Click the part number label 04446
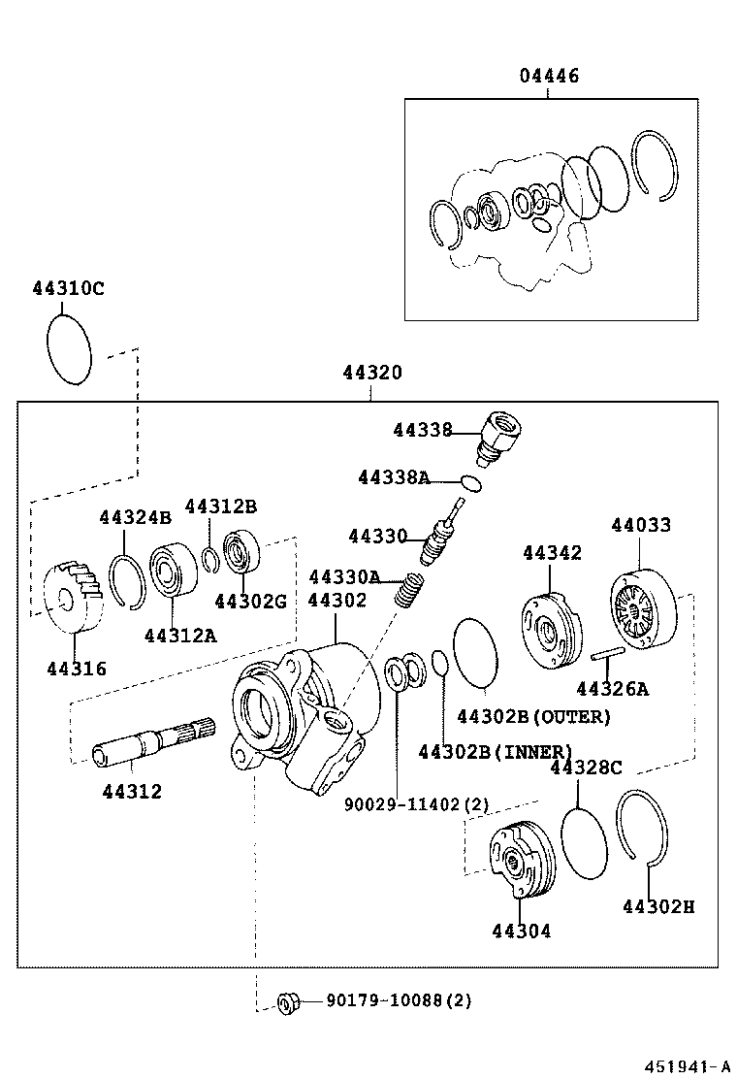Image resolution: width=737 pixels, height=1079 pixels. coord(548,75)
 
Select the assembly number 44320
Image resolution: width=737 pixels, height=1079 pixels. coord(371,373)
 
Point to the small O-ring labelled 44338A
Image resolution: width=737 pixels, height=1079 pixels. coord(471,482)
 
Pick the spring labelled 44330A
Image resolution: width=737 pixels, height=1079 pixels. coord(410,588)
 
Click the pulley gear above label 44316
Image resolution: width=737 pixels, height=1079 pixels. coord(73,595)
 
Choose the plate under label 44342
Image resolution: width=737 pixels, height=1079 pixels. coord(549,629)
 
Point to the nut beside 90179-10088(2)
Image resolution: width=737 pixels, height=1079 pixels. coord(287,1000)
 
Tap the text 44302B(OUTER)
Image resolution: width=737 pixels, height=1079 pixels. coord(533,717)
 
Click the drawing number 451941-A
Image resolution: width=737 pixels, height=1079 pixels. coord(684,1064)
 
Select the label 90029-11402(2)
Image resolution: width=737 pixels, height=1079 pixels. coord(417,804)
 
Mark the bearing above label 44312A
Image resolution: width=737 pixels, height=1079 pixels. coord(174,572)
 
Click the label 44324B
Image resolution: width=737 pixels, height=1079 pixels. coord(135,517)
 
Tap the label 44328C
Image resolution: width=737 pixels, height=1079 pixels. coord(585,768)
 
